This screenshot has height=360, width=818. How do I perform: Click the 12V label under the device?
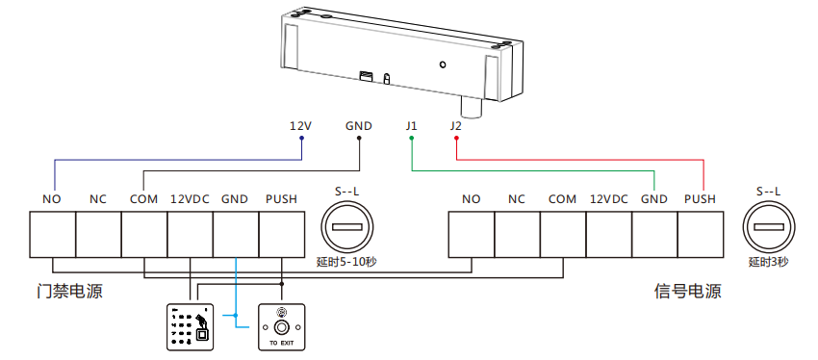tap(301, 126)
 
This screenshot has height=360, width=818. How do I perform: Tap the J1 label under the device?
tap(412, 126)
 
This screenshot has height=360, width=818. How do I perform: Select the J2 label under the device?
tap(455, 126)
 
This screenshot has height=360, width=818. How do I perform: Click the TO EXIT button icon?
tap(281, 327)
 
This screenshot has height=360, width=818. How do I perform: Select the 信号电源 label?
tap(687, 291)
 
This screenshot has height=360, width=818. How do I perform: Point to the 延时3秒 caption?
tap(769, 262)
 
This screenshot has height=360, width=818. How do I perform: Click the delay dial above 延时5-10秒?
tap(347, 228)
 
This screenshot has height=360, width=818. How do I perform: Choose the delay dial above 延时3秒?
tap(769, 228)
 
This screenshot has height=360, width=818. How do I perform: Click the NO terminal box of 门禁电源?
tap(52, 233)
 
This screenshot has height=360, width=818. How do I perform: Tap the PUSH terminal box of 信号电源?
tap(700, 233)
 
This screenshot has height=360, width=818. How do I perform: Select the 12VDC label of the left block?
tap(190, 199)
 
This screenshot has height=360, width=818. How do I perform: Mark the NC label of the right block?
tap(517, 199)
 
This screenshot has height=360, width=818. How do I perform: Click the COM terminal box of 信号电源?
tap(563, 233)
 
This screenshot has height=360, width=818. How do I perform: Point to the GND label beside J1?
tap(360, 126)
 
